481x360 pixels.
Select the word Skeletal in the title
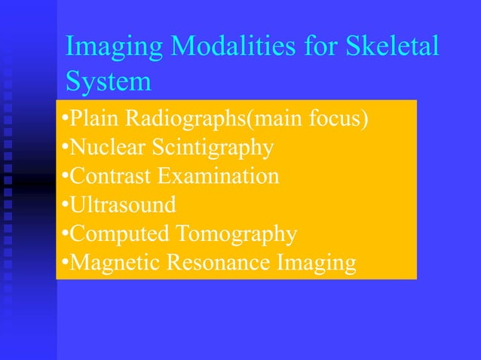[x=391, y=47]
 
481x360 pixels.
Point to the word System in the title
[x=108, y=81]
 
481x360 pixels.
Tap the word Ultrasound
[x=124, y=205]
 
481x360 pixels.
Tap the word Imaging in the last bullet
[x=316, y=263]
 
